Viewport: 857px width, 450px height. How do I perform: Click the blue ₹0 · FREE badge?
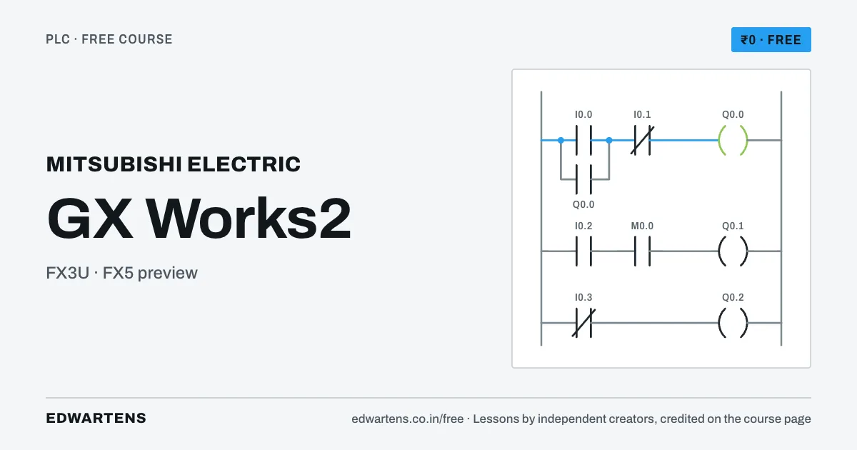[x=771, y=39]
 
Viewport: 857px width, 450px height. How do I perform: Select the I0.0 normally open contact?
[x=583, y=141]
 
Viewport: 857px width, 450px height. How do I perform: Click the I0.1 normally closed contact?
[x=642, y=141]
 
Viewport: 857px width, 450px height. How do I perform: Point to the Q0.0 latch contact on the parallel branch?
[x=583, y=179]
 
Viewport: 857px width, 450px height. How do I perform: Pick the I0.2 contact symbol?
[x=583, y=251]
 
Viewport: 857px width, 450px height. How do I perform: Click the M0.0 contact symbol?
[x=642, y=251]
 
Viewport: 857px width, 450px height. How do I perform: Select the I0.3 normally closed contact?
[x=583, y=323]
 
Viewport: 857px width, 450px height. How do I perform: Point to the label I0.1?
[x=642, y=114]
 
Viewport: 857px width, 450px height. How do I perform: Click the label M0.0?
[x=642, y=226]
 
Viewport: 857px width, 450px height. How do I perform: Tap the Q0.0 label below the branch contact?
[x=583, y=204]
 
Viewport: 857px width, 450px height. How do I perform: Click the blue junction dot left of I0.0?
[x=561, y=141]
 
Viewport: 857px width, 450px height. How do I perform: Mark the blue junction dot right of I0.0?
[x=609, y=141]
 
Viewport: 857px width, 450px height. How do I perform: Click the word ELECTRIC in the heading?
[x=244, y=164]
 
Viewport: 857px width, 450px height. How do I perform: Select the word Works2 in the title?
[x=249, y=219]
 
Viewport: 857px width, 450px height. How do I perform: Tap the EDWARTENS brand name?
[x=96, y=419]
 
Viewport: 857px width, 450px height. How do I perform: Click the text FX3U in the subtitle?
[x=67, y=273]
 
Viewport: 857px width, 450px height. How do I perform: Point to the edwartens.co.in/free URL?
[x=408, y=419]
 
